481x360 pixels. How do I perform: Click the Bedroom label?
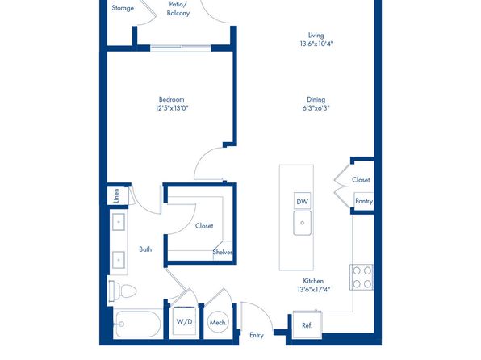tap(171, 99)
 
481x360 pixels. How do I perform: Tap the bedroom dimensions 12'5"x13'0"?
tap(172, 108)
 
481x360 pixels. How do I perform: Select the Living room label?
tap(316, 36)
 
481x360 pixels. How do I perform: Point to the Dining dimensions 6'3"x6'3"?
tap(316, 108)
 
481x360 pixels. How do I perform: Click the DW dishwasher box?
tap(302, 201)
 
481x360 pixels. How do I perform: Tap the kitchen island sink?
tap(302, 223)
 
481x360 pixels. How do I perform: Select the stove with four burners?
tap(362, 277)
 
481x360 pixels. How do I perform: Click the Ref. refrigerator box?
tap(307, 325)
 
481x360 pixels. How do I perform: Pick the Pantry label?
tap(364, 201)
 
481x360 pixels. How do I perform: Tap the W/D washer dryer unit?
tap(184, 321)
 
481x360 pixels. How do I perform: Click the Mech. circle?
tap(218, 323)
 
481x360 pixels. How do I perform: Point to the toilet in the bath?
tap(122, 291)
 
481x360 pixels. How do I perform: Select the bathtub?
tap(138, 324)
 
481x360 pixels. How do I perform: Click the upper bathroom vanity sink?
tap(119, 222)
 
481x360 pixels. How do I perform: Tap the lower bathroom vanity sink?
tap(119, 260)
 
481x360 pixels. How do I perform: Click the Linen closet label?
tap(116, 195)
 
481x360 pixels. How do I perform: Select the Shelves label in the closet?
tap(223, 253)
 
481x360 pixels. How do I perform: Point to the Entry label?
tap(257, 335)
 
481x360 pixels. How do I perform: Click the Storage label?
tap(123, 8)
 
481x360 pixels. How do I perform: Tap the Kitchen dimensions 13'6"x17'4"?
tap(313, 289)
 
